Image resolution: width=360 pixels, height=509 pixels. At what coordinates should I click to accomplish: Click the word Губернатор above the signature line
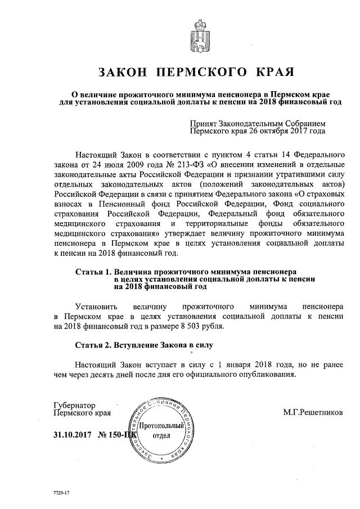pos(74,405)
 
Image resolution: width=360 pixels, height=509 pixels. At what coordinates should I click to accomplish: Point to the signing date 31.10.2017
pos(72,435)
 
